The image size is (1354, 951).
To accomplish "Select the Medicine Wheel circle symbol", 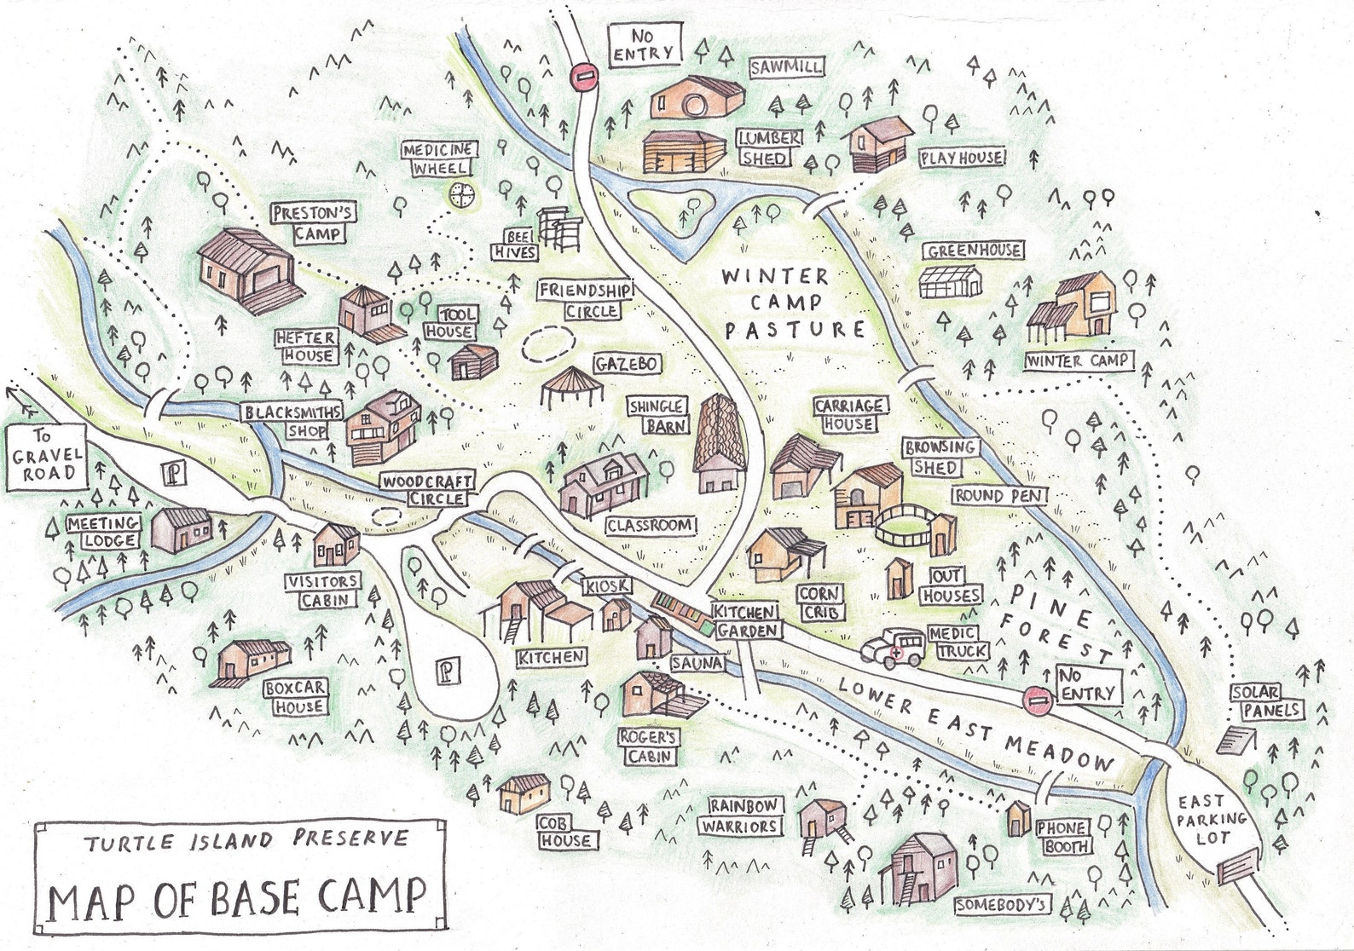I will coord(461,194).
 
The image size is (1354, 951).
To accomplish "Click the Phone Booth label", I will coord(1062,837).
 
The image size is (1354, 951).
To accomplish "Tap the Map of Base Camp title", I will coord(236,897).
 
